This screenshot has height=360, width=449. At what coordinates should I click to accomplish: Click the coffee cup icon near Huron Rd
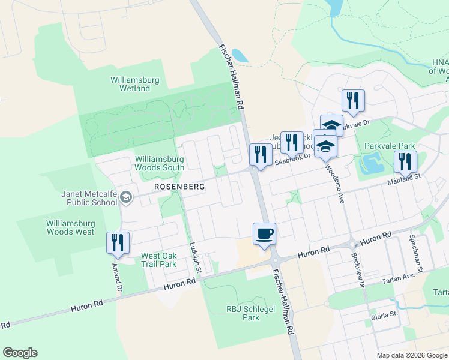click(265, 233)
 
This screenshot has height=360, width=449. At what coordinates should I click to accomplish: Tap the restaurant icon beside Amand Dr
click(118, 243)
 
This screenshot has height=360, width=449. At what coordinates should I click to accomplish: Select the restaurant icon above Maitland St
click(405, 161)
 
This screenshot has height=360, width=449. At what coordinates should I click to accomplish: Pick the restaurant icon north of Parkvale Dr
click(352, 100)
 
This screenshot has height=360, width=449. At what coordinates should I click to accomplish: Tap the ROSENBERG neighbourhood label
click(179, 187)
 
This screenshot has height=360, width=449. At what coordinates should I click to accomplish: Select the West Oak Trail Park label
click(158, 260)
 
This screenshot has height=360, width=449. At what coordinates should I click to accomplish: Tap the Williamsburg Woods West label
click(70, 227)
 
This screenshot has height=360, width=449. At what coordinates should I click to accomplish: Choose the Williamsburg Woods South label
click(159, 163)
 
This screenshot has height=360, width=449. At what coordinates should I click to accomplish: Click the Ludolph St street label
click(193, 254)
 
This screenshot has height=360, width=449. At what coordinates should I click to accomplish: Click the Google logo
click(20, 353)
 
